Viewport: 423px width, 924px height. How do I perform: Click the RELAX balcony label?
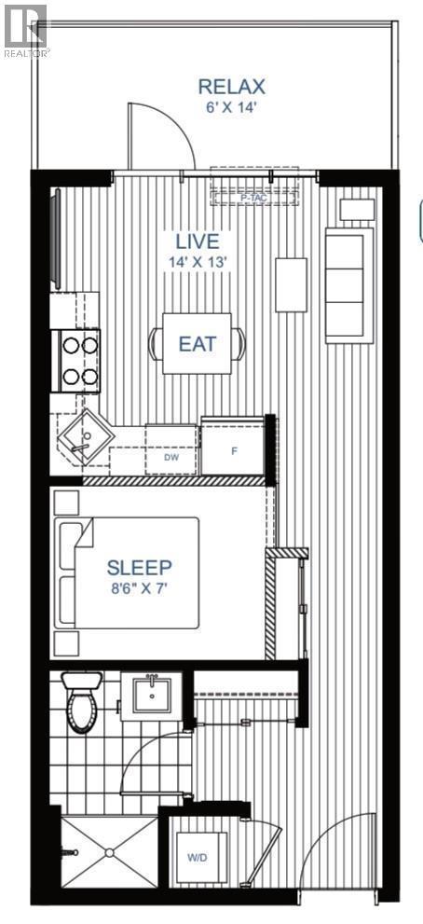point(232,87)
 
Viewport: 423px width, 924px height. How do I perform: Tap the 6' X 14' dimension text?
point(232,106)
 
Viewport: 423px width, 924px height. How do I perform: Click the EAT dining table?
point(198,343)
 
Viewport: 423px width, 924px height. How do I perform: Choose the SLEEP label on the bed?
point(139,567)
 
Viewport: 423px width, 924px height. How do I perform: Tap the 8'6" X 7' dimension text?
point(140,587)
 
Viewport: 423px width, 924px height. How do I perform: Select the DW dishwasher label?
point(171,458)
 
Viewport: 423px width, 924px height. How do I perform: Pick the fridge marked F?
point(234,448)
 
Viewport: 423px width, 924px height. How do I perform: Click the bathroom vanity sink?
point(151,695)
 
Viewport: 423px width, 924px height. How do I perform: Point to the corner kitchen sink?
point(84,434)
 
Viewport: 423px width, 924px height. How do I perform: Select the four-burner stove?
point(80,361)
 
